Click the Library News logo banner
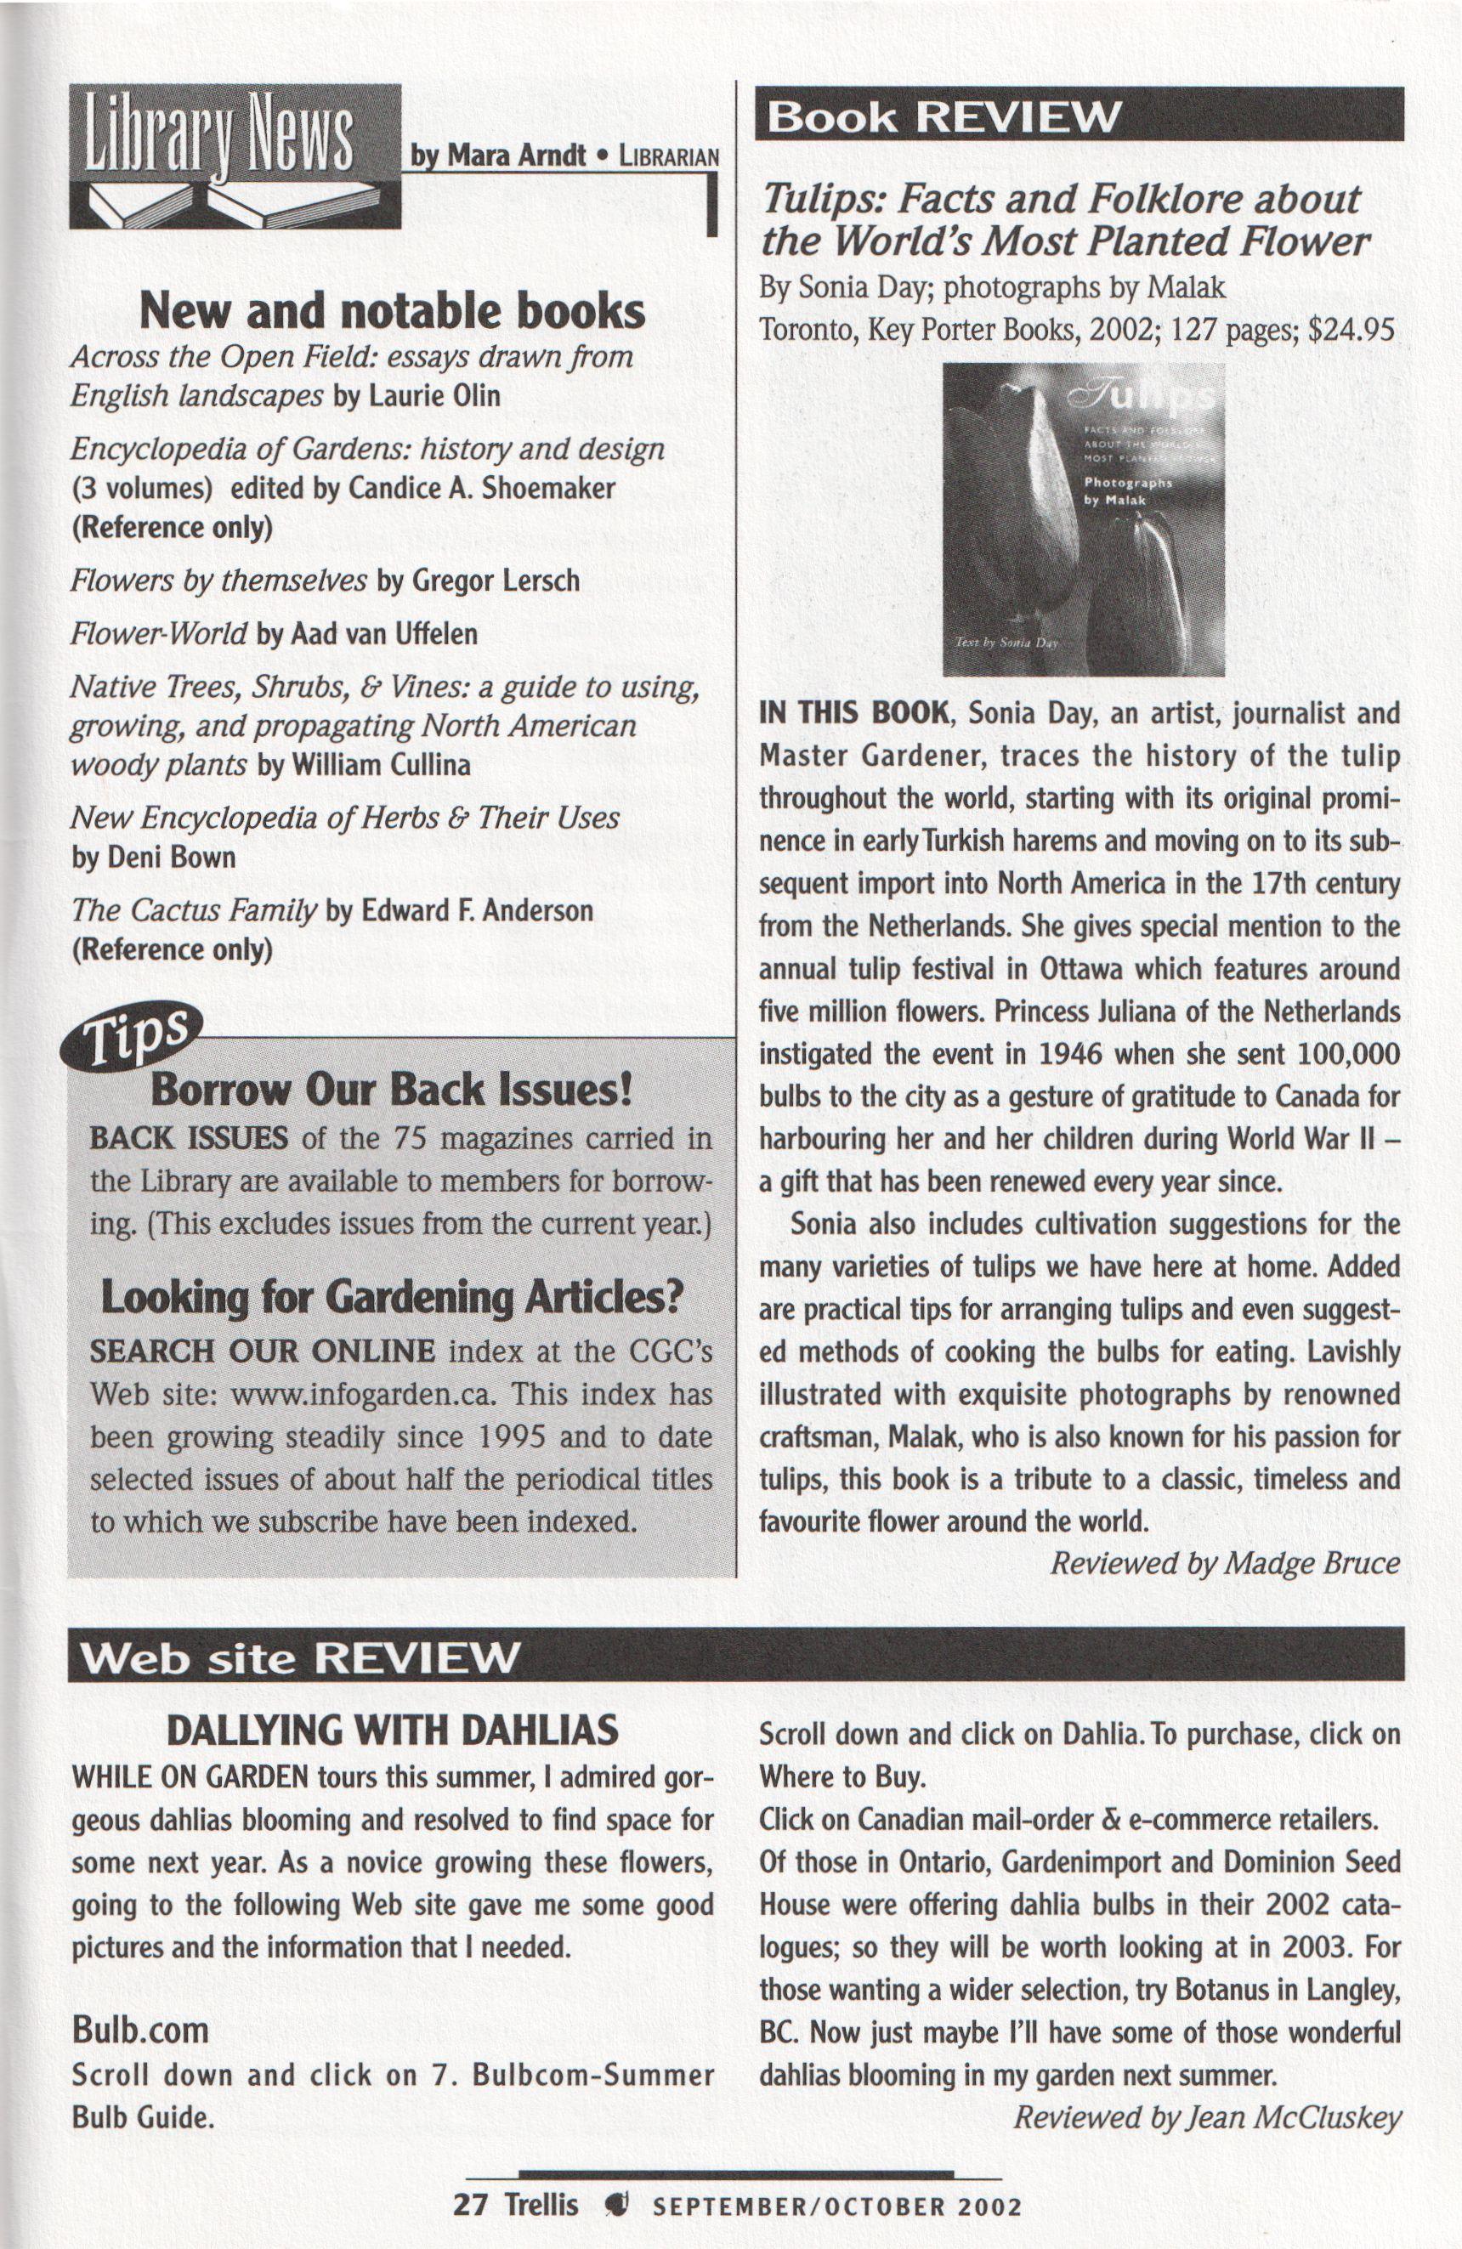(235, 156)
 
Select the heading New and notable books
(392, 311)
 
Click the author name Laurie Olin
(433, 395)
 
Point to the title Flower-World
(159, 633)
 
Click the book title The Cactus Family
(194, 911)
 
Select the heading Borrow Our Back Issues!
(391, 1090)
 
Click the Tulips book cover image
(1083, 519)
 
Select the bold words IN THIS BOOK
(853, 712)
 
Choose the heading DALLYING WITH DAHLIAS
(392, 1731)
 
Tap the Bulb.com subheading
(141, 2029)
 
